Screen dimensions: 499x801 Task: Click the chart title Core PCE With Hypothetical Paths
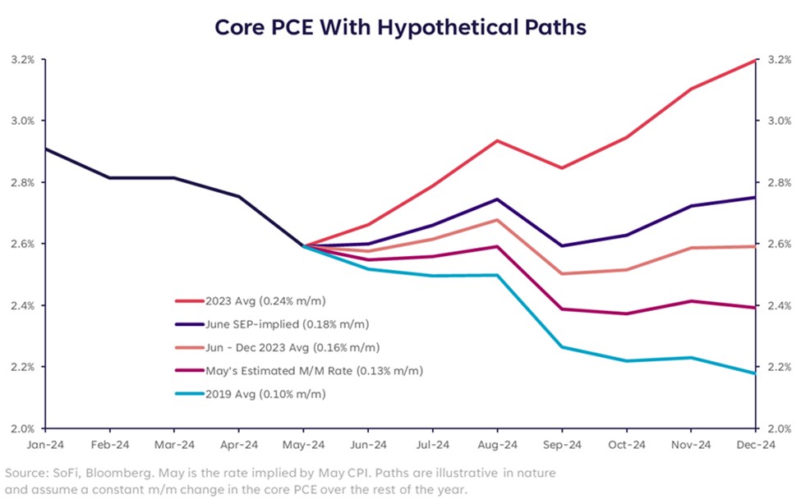point(400,27)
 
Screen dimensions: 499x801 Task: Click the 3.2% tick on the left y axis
point(22,60)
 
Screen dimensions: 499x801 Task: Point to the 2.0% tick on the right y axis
point(779,428)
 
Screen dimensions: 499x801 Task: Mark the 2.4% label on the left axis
point(22,306)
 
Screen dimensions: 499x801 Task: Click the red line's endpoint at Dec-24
point(754,60)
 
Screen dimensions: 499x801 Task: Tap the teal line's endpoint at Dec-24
point(754,373)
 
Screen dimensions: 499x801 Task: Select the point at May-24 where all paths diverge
point(304,245)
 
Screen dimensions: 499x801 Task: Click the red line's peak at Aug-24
point(497,140)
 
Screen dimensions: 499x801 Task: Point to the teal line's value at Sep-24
point(561,347)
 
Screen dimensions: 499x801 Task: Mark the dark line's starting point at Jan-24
point(46,149)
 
